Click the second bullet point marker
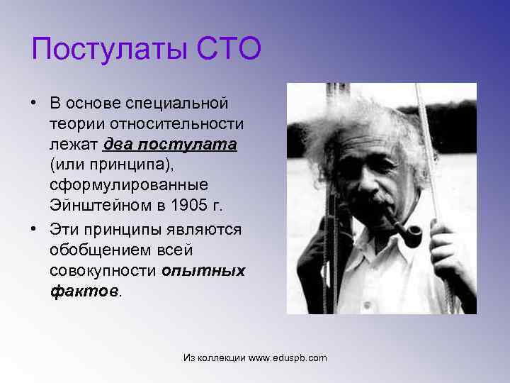click(x=34, y=230)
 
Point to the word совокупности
click(x=103, y=271)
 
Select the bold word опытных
click(x=204, y=271)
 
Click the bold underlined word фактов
click(x=84, y=292)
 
